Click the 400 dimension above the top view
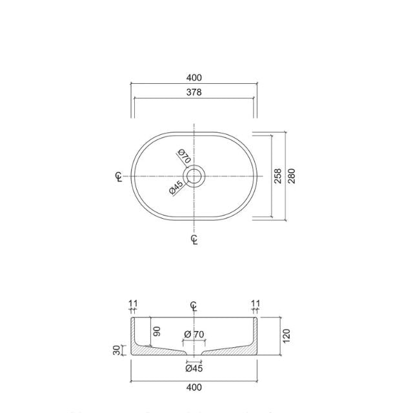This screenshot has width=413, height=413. (x=194, y=78)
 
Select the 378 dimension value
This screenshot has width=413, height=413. (x=194, y=92)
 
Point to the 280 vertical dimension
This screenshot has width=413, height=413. (x=291, y=176)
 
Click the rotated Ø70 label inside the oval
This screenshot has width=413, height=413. (x=184, y=156)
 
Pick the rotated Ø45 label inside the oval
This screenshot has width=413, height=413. (x=176, y=188)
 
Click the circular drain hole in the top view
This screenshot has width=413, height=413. (x=194, y=176)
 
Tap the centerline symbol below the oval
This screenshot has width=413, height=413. (x=194, y=240)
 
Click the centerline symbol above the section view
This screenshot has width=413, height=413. (x=194, y=305)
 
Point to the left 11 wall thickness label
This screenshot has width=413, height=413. (x=133, y=303)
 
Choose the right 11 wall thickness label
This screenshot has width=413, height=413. (x=255, y=303)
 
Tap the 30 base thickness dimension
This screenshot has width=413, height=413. (x=117, y=350)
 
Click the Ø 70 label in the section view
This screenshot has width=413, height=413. (x=194, y=334)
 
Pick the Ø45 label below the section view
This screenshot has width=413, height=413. (x=194, y=370)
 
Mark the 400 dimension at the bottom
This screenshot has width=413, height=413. (x=194, y=387)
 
